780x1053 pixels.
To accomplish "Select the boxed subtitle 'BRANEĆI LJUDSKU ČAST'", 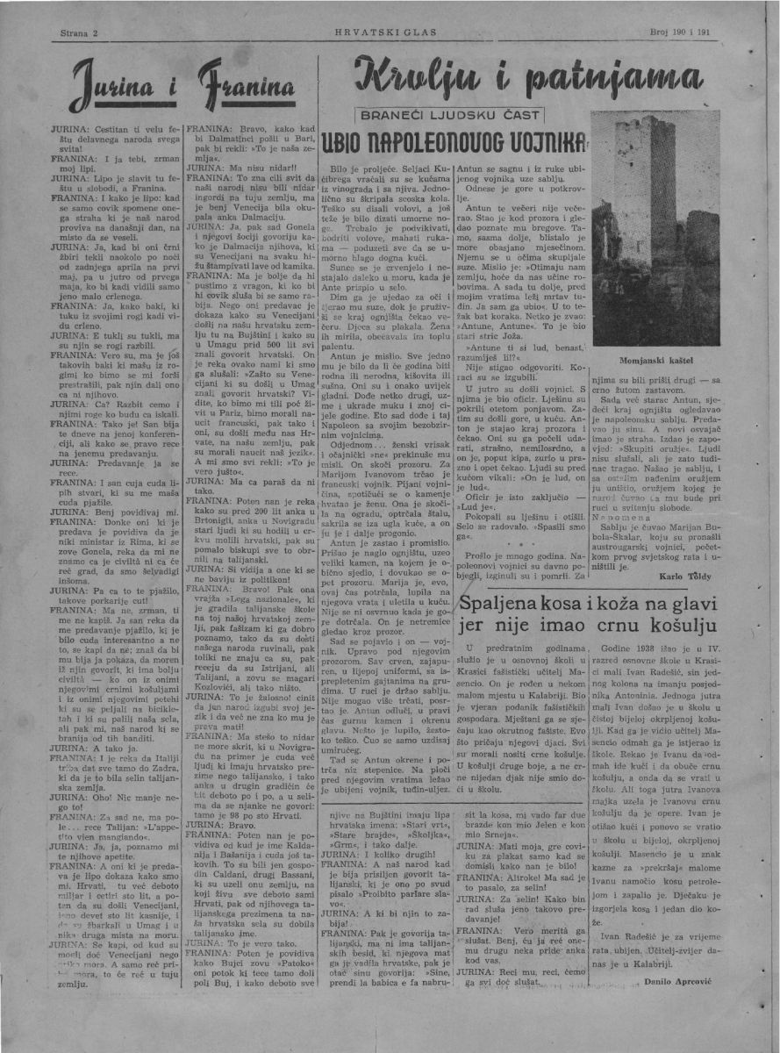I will [x=452, y=115].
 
